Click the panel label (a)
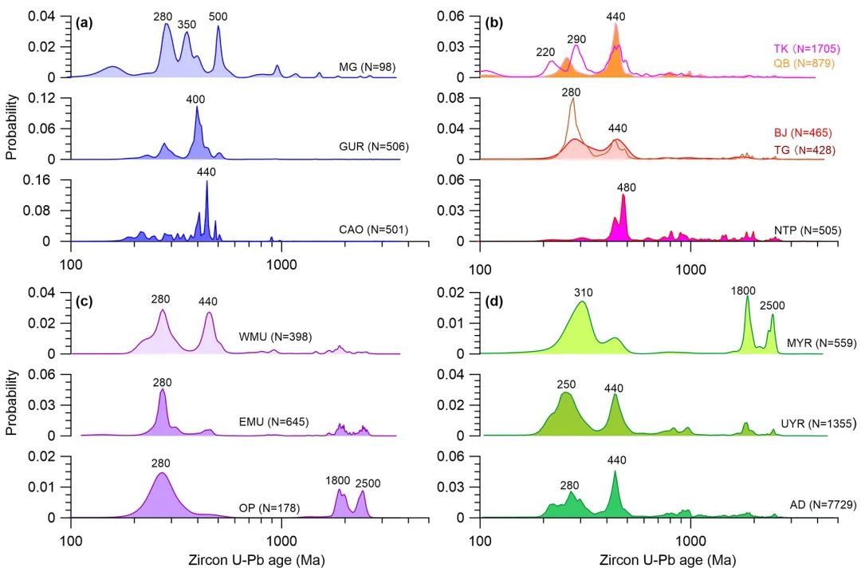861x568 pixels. point(84,22)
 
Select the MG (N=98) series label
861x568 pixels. point(367,67)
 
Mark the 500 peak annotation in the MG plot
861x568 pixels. point(217,16)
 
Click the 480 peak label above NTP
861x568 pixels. point(627,187)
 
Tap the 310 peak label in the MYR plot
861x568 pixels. point(583,292)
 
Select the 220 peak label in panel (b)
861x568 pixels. point(545,52)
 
